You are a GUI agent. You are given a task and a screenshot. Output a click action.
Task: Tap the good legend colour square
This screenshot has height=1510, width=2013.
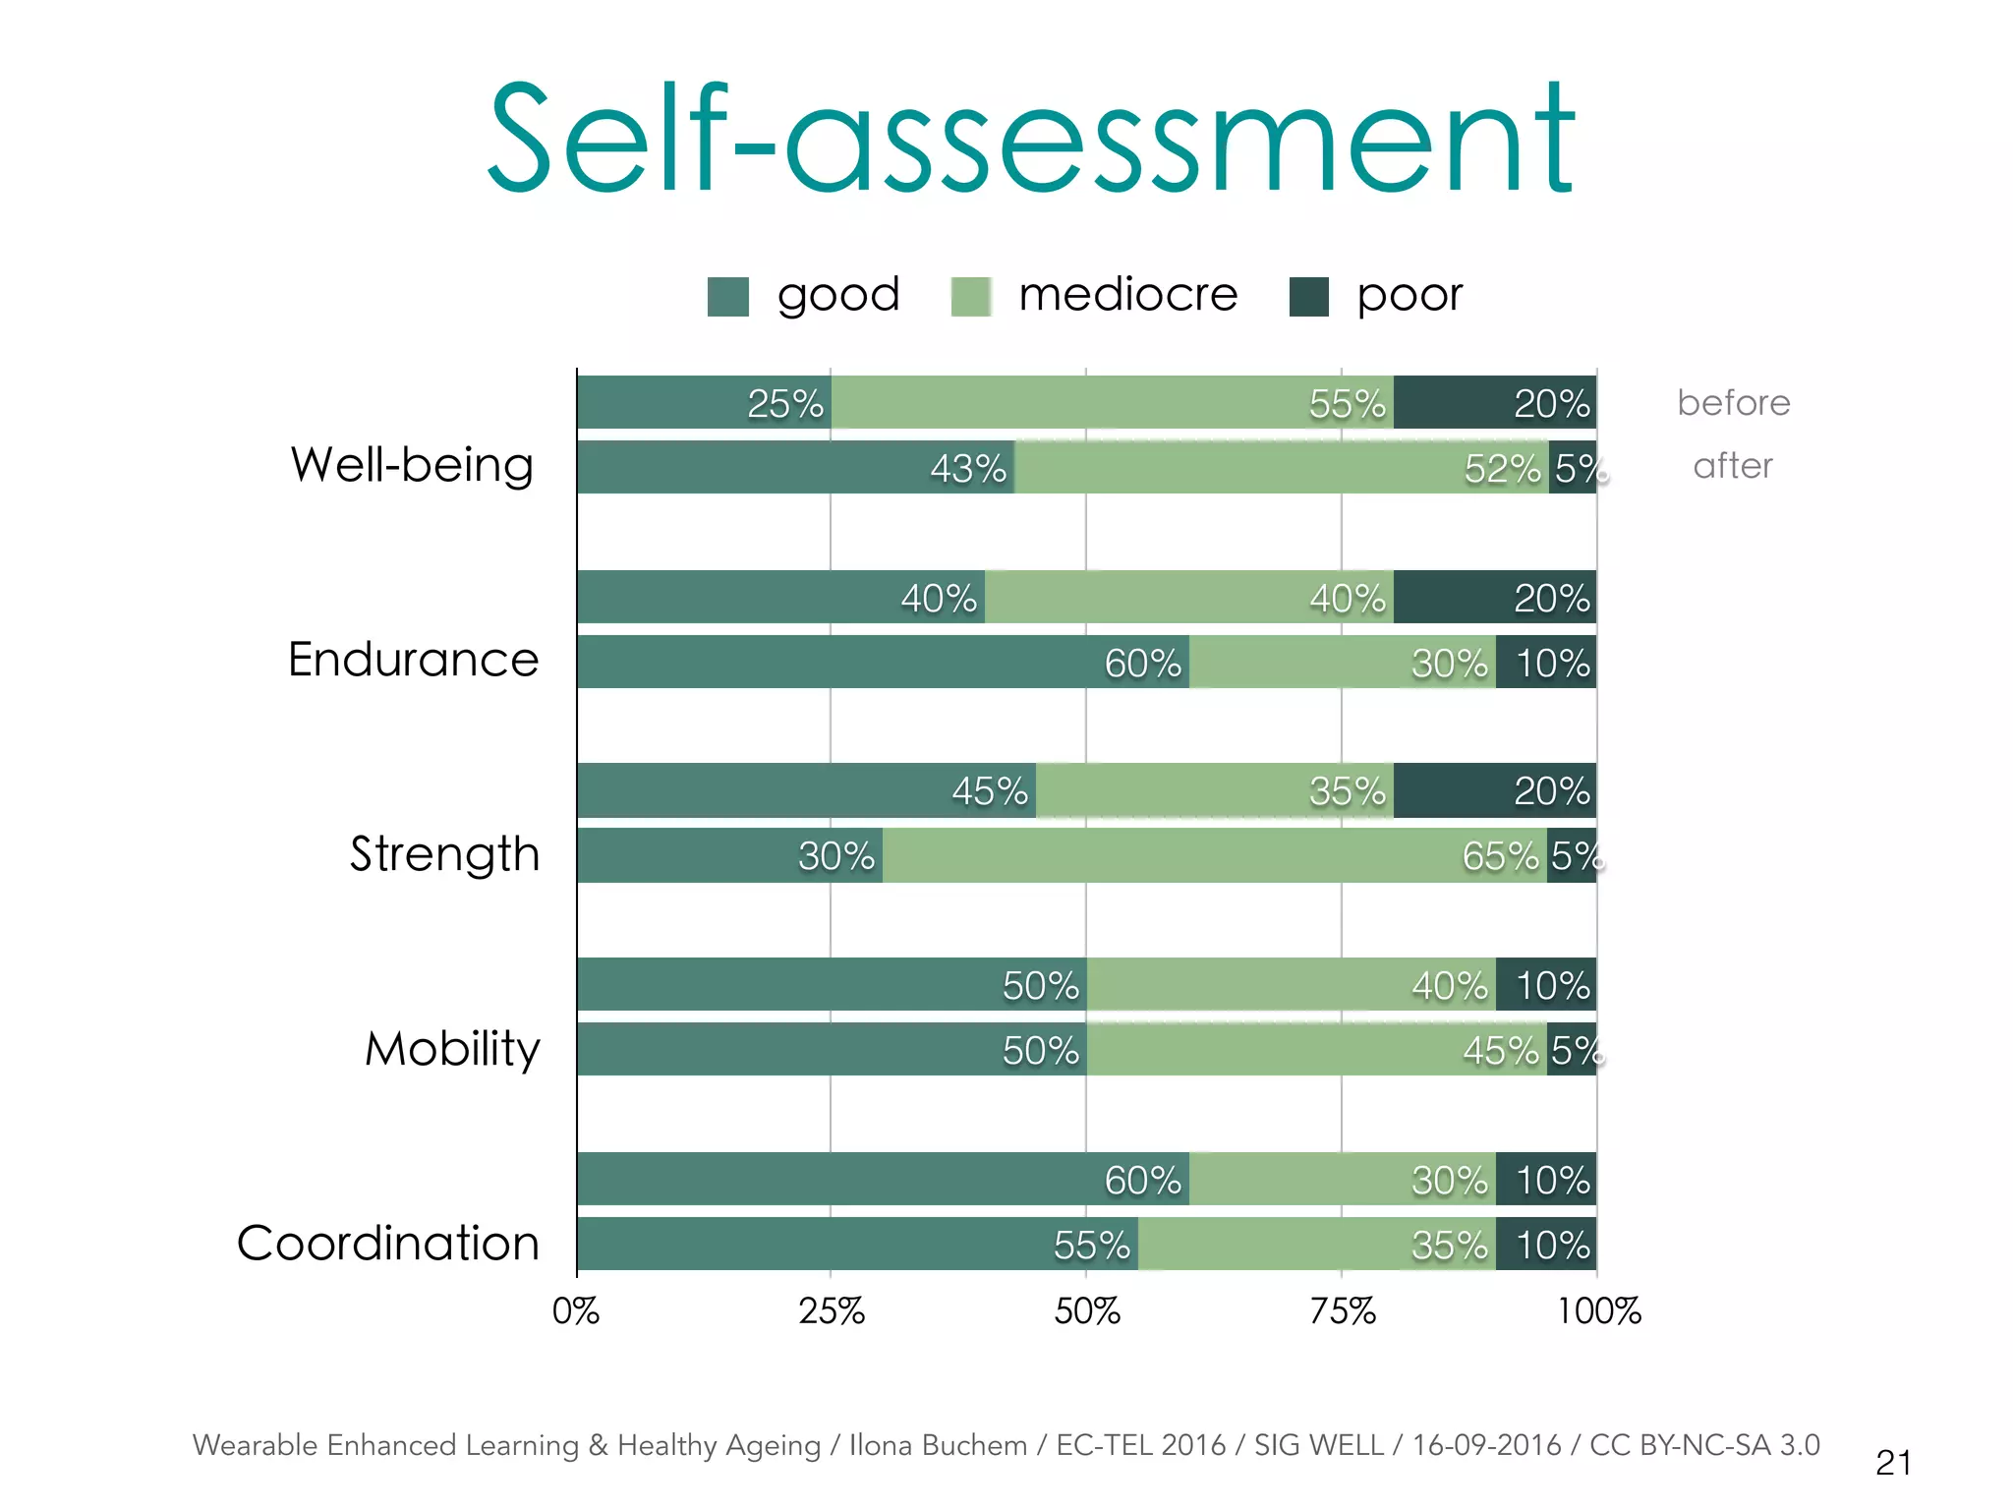728,297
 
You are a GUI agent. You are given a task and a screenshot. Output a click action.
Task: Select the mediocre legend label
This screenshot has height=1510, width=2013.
1127,295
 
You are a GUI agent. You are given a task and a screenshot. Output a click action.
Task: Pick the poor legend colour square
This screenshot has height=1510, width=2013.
1308,297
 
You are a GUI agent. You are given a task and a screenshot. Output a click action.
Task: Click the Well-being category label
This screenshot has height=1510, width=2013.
412,465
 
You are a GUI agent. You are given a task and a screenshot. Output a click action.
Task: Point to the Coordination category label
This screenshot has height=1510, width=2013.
388,1243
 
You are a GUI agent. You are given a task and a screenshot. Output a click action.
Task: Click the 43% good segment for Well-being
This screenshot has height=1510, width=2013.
796,468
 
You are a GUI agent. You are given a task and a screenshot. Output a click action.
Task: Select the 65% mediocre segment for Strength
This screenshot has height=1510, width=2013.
1214,855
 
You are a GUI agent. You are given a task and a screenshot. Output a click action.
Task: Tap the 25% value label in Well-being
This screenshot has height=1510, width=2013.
785,404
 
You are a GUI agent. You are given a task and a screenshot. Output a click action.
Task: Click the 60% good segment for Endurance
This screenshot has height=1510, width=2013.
883,663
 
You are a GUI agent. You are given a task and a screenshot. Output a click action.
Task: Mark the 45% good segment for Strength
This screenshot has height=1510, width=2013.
806,790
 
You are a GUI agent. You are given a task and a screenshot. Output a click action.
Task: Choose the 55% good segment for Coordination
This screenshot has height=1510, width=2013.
857,1245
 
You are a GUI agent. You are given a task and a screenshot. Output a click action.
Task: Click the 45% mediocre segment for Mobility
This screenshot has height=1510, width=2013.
1317,1050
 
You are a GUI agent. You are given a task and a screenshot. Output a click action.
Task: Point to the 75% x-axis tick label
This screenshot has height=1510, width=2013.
1343,1311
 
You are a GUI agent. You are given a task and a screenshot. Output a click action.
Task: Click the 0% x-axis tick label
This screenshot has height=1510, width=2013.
576,1311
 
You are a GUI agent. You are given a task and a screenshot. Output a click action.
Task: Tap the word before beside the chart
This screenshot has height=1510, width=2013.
1734,403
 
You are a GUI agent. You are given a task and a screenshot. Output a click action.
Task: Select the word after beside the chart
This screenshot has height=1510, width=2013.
1733,466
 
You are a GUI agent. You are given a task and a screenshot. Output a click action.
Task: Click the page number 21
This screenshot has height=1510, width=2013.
1893,1463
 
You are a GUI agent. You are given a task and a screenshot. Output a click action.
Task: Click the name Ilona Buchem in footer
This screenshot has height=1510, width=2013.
938,1445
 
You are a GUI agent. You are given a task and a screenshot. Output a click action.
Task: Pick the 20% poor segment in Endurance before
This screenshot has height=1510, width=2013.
1494,598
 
